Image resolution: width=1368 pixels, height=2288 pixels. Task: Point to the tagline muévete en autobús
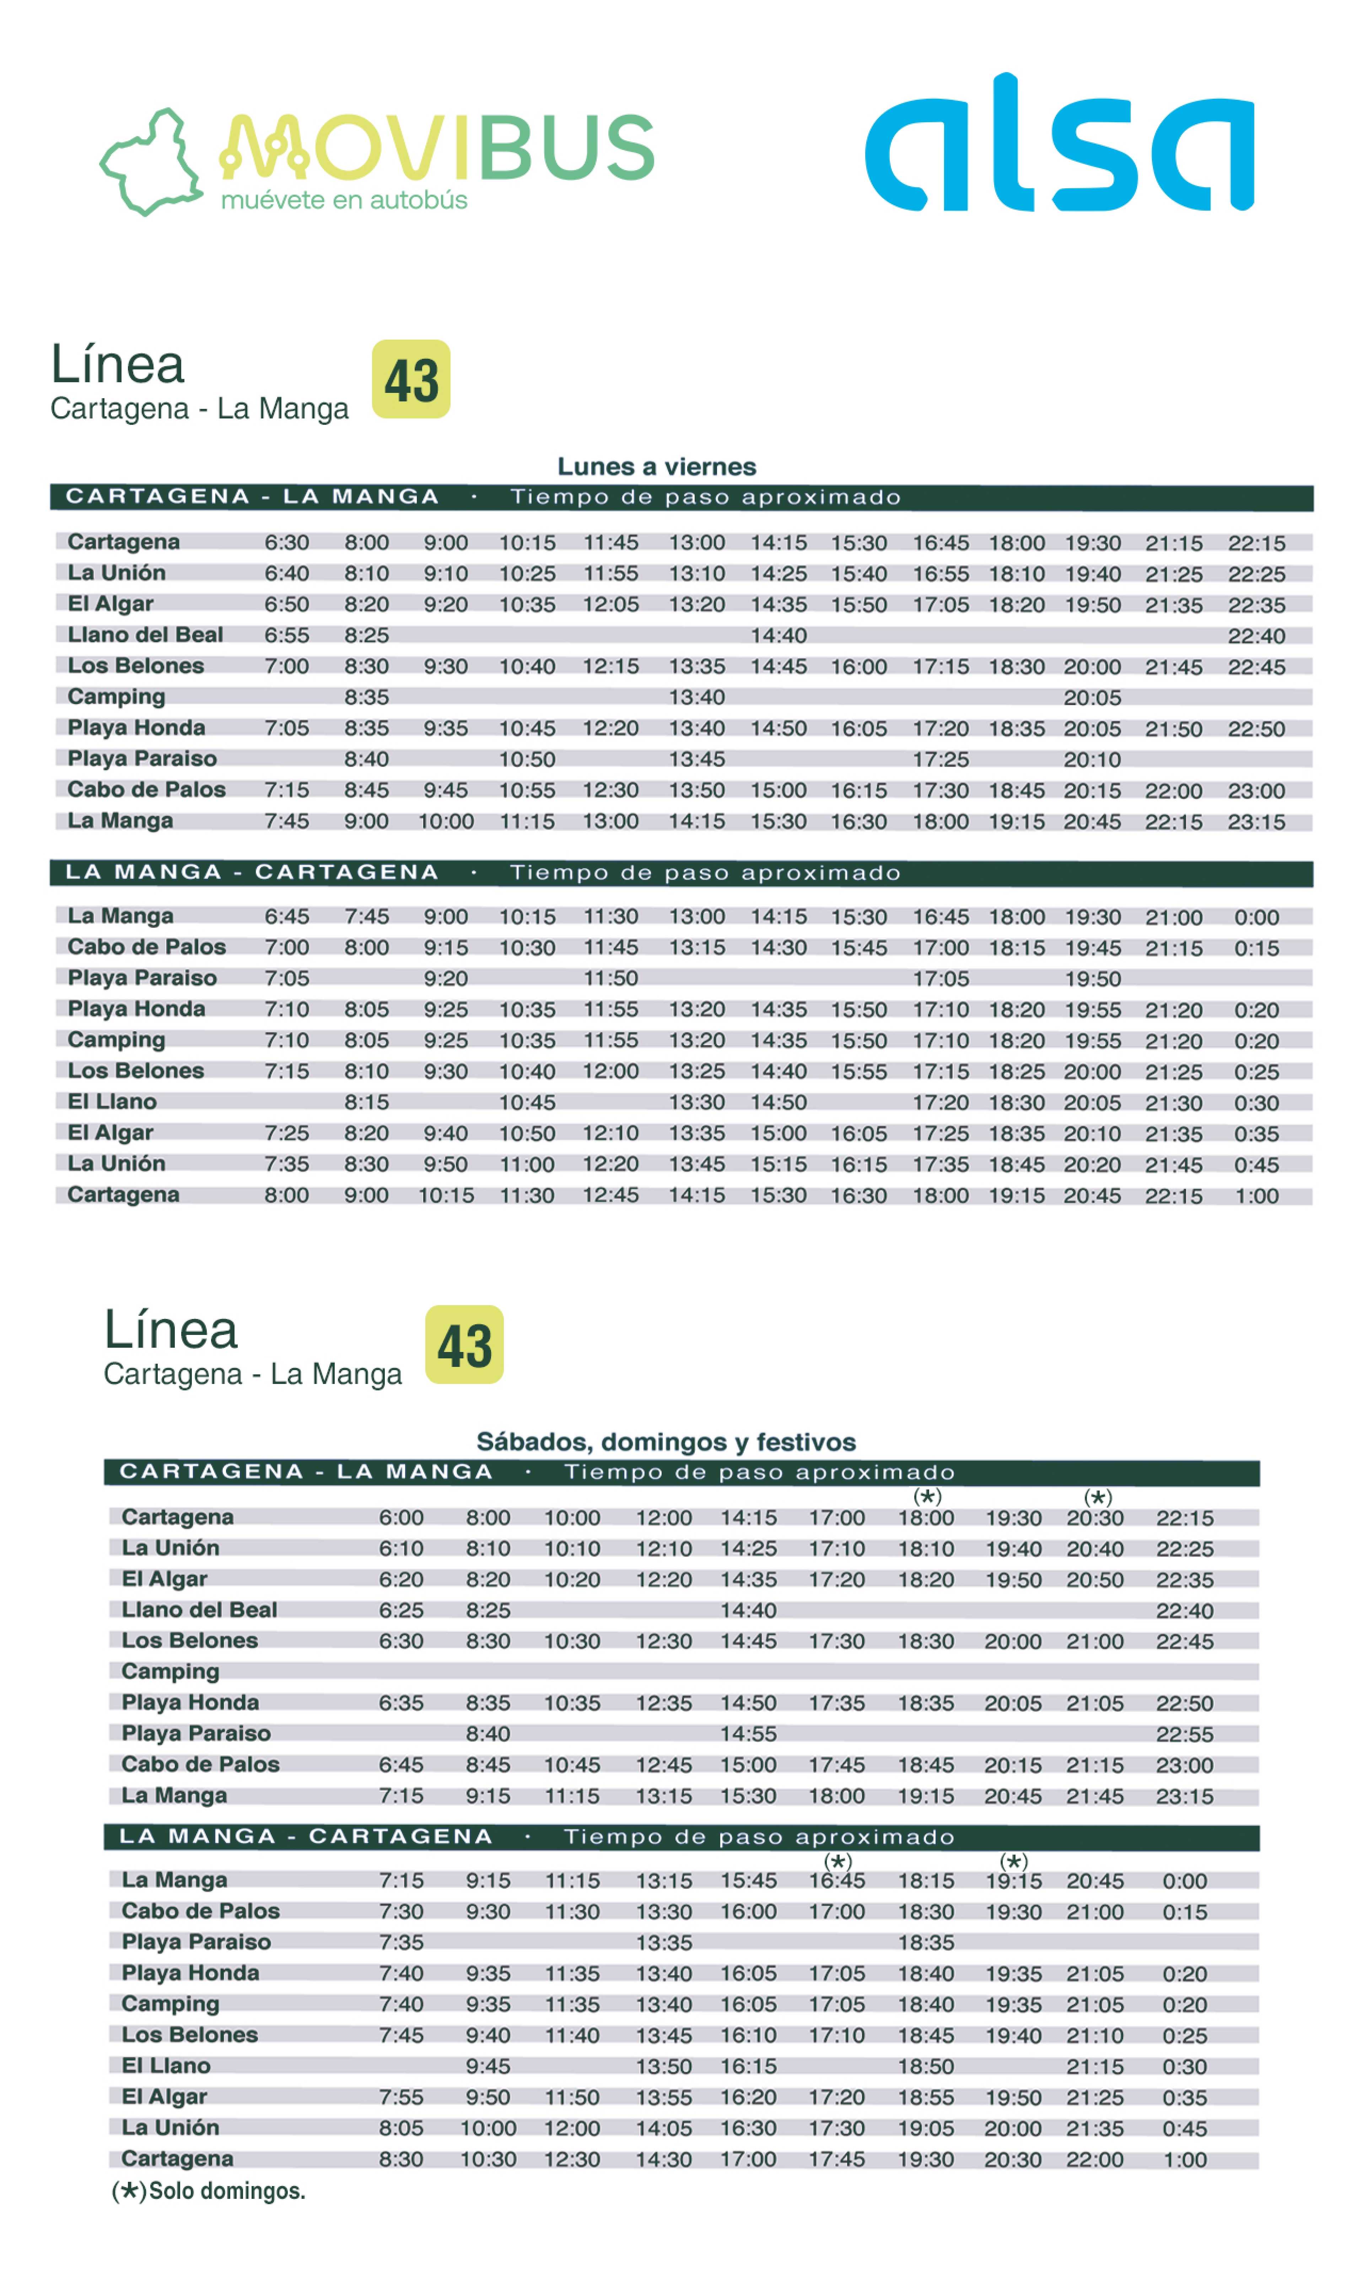(344, 200)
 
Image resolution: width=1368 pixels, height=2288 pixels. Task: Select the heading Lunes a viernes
(656, 466)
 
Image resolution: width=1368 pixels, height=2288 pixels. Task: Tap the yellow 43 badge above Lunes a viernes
(411, 379)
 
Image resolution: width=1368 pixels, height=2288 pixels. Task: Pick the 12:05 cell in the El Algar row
(610, 605)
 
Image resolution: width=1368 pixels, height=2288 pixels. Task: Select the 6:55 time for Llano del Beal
(287, 635)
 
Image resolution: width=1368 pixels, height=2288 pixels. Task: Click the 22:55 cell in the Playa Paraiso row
(1185, 1734)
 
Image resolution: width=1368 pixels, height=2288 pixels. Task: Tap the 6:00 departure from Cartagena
(401, 1518)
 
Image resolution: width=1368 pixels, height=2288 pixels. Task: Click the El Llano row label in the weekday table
(113, 1102)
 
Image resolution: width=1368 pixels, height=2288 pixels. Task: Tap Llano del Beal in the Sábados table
(199, 1610)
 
